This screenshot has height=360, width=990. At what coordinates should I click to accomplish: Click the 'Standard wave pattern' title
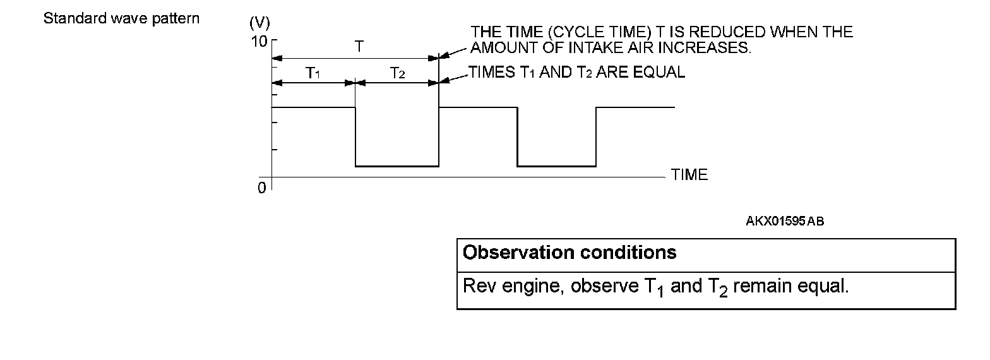pos(121,18)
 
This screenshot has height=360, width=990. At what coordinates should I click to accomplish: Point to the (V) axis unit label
pos(259,24)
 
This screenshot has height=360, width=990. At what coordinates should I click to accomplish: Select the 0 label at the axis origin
pos(261,188)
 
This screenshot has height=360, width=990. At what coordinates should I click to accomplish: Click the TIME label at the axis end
pos(689,176)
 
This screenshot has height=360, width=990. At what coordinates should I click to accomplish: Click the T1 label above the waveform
pos(313,73)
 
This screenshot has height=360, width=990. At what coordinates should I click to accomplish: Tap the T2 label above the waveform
pos(397,73)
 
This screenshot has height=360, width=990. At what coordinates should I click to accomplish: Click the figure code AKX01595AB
pos(785,221)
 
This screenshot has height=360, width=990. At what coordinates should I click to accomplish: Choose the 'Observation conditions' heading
pos(570,253)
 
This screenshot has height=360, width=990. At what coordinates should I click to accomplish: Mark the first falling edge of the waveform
pos(355,136)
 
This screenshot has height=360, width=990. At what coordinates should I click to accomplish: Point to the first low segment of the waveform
pos(397,166)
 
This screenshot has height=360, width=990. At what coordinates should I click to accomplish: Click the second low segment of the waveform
pos(556,166)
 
